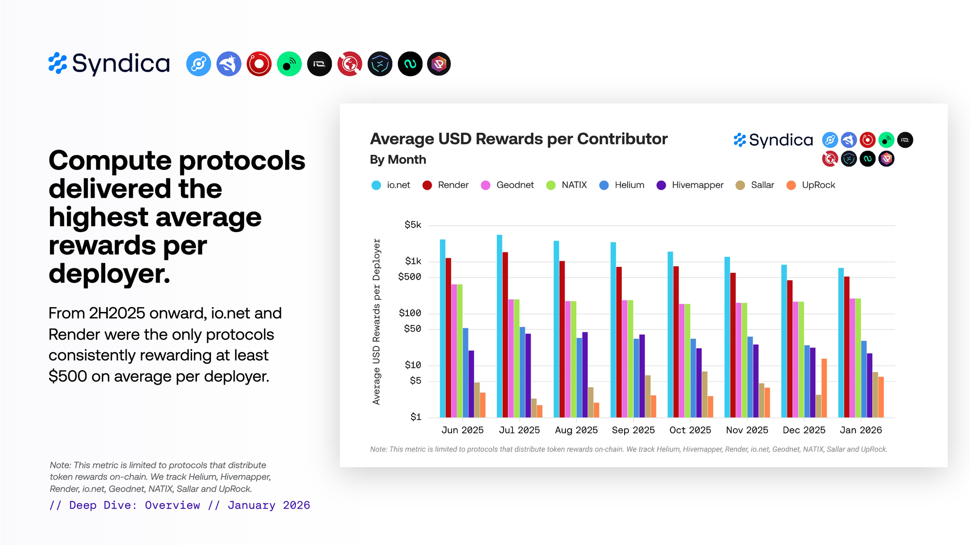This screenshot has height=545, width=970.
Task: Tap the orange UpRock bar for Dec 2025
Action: coord(824,388)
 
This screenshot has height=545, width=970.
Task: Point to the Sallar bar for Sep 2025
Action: coord(648,396)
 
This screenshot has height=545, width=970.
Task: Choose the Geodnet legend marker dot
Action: coord(485,186)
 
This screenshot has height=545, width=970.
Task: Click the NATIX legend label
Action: coord(574,185)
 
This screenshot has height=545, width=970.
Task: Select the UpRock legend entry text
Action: coord(818,185)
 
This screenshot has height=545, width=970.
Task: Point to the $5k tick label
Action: coord(413,225)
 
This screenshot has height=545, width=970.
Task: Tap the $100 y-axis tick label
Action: coord(410,313)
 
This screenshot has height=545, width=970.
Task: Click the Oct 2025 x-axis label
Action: coord(690,430)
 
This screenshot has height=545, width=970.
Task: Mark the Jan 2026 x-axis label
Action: coord(861,430)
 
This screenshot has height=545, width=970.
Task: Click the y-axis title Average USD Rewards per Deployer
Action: coord(376,322)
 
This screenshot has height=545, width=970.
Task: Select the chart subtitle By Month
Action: coord(398,160)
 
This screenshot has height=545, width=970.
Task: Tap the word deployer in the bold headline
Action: coord(109,274)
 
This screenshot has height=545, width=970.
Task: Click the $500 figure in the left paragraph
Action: coord(67,376)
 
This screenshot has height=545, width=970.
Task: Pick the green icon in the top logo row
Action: coord(289,64)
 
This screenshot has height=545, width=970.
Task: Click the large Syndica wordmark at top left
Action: coord(121,64)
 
